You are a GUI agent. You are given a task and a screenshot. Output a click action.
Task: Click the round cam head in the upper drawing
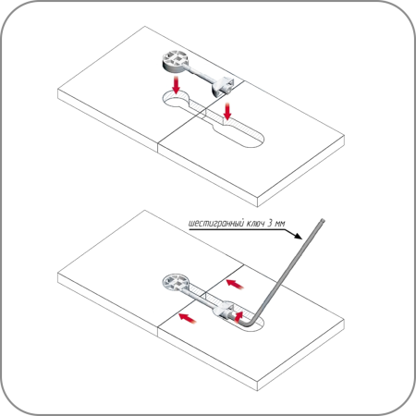click(175, 61)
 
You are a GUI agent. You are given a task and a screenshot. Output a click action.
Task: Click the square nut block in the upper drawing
click(224, 87)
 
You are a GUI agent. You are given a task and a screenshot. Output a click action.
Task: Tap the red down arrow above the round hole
click(176, 85)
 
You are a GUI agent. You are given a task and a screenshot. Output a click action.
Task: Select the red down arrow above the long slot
click(227, 111)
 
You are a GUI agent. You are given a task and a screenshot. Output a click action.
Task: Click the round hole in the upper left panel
click(176, 101)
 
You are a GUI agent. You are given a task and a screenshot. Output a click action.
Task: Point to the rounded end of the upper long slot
click(257, 141)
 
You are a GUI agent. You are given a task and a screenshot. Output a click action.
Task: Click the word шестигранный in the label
click(215, 224)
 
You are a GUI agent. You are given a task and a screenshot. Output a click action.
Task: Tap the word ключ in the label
click(255, 223)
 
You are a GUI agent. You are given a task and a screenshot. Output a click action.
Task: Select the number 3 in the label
click(270, 223)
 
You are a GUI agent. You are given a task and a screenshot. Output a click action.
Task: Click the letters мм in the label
click(280, 224)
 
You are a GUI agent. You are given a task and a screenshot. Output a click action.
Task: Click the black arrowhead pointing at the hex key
click(297, 235)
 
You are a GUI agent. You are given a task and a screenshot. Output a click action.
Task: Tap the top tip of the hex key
click(323, 220)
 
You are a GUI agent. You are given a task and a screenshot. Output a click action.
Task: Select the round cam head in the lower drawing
click(175, 282)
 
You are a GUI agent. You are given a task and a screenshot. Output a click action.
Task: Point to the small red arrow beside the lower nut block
click(239, 316)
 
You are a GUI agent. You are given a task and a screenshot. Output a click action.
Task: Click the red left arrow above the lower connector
click(235, 284)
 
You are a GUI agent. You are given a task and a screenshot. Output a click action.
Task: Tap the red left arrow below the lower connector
click(188, 318)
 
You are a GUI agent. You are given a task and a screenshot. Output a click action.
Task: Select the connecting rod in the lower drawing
click(201, 297)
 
